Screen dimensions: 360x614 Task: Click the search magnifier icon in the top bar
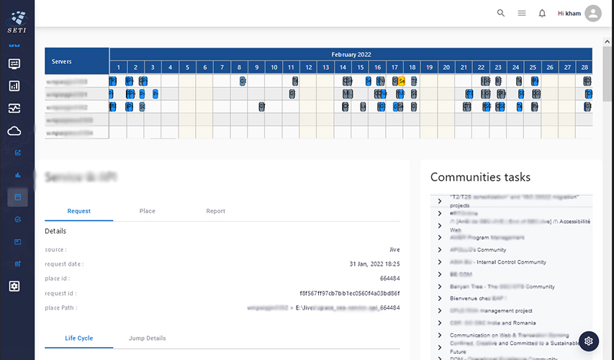[501, 13]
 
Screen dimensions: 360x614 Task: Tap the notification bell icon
[542, 13]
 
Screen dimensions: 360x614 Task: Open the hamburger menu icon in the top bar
[522, 13]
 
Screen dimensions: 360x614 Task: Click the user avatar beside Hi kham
[593, 13]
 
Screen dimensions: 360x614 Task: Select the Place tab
[148, 211]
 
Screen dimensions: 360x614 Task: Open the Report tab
[215, 211]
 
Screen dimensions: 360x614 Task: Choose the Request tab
[78, 211]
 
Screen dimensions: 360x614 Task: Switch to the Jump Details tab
[147, 338]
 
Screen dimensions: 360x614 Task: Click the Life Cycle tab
[78, 338]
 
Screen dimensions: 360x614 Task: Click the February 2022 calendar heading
[351, 55]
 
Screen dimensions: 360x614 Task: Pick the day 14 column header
[343, 68]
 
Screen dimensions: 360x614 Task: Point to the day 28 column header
[584, 68]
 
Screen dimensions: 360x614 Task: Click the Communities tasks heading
[480, 177]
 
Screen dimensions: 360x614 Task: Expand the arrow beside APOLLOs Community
[440, 250]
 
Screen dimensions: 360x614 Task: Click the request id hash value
[349, 293]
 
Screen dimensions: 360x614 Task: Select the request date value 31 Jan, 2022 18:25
[374, 264]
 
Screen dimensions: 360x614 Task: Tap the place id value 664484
[389, 279]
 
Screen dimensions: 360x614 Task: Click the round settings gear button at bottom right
[588, 341]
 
